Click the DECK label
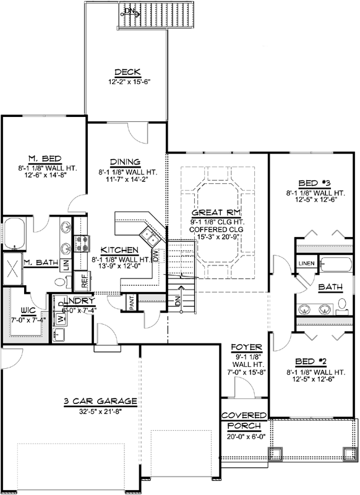(x=126, y=72)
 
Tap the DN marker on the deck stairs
(x=128, y=11)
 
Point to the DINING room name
(x=126, y=163)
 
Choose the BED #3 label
(x=313, y=184)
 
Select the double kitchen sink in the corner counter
(x=148, y=235)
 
